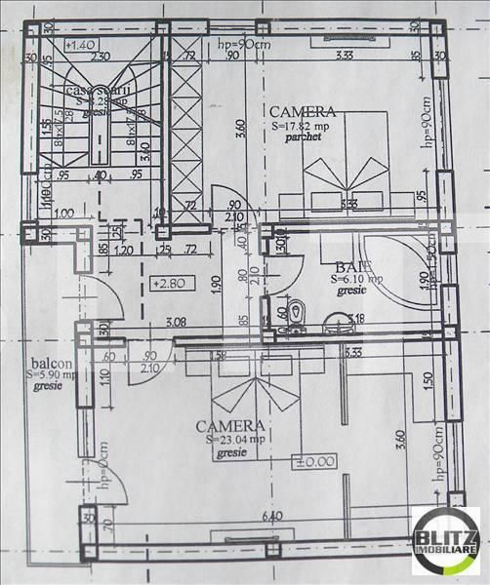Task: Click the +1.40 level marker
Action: (80, 46)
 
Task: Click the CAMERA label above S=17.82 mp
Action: (304, 112)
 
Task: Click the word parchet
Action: (304, 138)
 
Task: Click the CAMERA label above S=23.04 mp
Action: (229, 426)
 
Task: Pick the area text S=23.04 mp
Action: (231, 440)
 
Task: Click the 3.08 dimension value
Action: (176, 321)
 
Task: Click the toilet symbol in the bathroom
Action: (299, 315)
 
